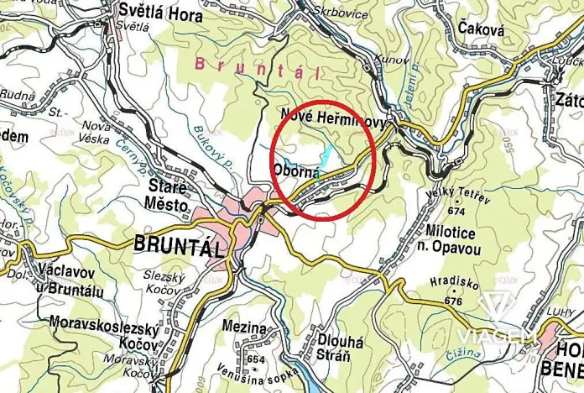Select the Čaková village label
[x=482, y=29]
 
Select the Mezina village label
[x=245, y=327]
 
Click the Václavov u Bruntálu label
[x=71, y=279]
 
